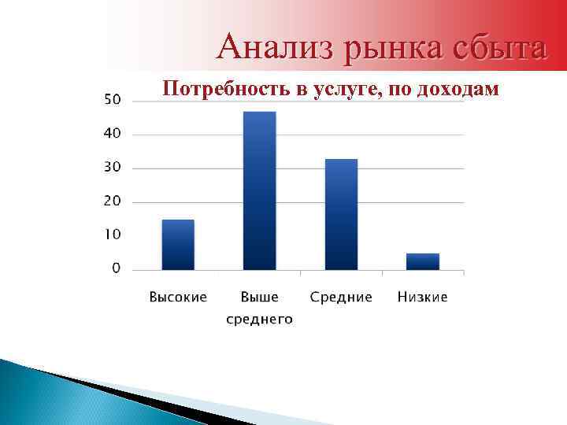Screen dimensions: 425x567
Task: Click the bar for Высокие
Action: click(178, 245)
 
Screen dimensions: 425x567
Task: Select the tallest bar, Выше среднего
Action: click(260, 191)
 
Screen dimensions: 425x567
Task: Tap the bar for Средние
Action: click(341, 215)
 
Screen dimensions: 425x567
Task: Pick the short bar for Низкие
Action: click(423, 261)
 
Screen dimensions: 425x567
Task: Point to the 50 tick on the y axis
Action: click(113, 99)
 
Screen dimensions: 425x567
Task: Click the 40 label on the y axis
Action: click(113, 133)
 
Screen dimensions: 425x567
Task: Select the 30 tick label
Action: click(113, 167)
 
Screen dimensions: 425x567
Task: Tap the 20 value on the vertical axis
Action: click(113, 201)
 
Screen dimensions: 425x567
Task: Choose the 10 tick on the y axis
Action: click(113, 235)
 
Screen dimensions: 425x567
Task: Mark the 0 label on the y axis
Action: click(117, 268)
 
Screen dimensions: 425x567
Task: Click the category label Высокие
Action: click(178, 297)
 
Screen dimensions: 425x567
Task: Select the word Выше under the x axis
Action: click(260, 297)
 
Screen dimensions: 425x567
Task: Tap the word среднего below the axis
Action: click(260, 319)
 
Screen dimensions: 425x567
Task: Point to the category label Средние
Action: click(341, 297)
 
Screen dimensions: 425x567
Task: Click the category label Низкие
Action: click(423, 297)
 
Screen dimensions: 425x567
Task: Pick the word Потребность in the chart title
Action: click(226, 90)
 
